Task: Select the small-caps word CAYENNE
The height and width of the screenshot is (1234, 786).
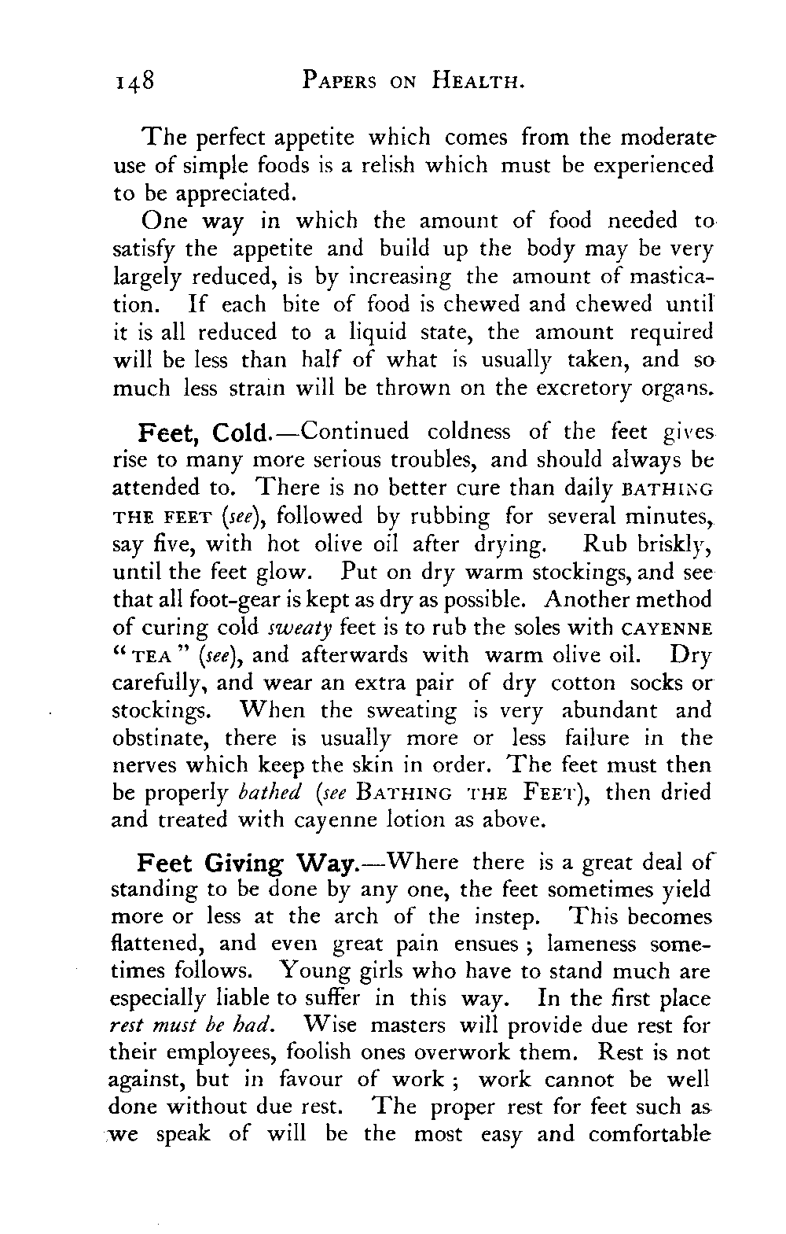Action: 665,628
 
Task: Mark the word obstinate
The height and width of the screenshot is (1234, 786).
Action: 162,739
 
